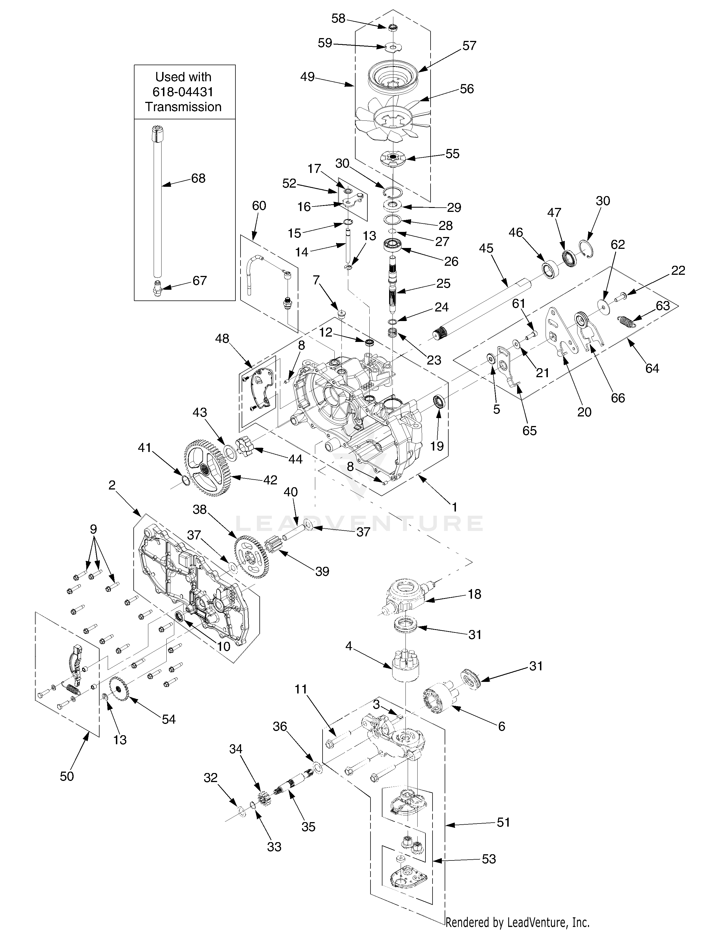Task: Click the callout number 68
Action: (198, 178)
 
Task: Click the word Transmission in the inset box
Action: (183, 107)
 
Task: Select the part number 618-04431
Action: (183, 92)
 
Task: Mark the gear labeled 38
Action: (251, 556)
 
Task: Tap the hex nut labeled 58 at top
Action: (393, 28)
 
